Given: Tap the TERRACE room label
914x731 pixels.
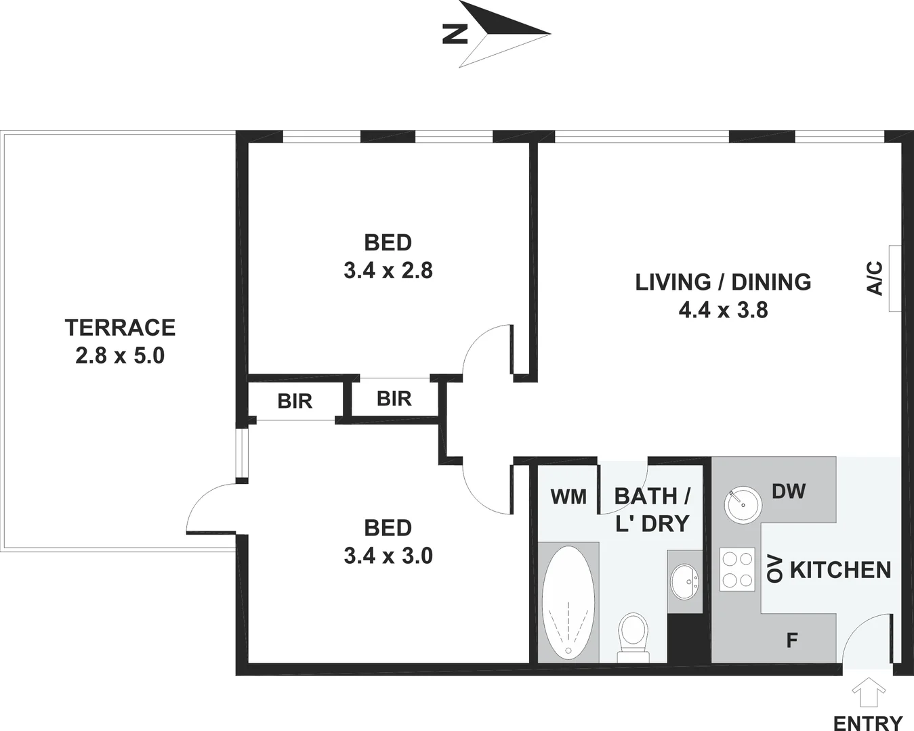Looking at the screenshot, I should point(120,328).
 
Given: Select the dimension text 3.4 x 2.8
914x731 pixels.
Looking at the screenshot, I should point(388,271).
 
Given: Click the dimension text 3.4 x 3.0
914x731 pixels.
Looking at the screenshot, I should point(388,556).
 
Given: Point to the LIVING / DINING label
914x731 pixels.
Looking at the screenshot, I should point(723,282).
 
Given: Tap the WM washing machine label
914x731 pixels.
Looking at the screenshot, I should point(568,497).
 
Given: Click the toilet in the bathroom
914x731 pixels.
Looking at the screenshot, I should point(634,636).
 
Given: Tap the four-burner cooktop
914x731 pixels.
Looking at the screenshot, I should point(737,569).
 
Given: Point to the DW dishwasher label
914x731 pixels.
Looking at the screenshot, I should point(789,491).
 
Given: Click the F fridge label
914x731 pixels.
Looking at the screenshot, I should point(791,640).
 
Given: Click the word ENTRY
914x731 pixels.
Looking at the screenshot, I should point(868,722).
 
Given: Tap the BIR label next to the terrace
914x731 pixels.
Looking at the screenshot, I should point(295,401).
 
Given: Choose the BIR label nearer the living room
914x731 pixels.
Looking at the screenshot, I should point(394,399).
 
